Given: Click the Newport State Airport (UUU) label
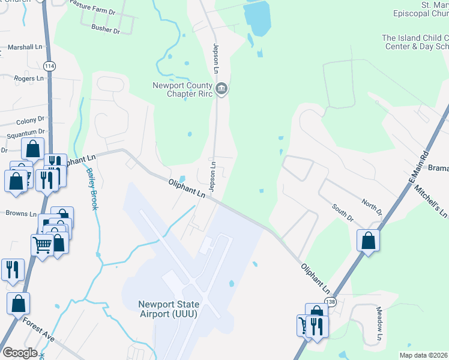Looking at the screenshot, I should [x=169, y=308].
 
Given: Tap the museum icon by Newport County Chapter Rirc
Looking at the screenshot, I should [x=221, y=89].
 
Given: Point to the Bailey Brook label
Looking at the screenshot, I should [x=91, y=188].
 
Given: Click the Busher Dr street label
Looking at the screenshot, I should [x=106, y=28].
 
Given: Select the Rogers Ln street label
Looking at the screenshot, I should [x=29, y=78].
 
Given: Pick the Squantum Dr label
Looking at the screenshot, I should [x=25, y=131].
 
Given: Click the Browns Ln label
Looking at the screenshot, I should [x=21, y=213].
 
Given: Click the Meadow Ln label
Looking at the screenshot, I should [x=379, y=325].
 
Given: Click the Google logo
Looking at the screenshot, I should [x=19, y=352].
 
